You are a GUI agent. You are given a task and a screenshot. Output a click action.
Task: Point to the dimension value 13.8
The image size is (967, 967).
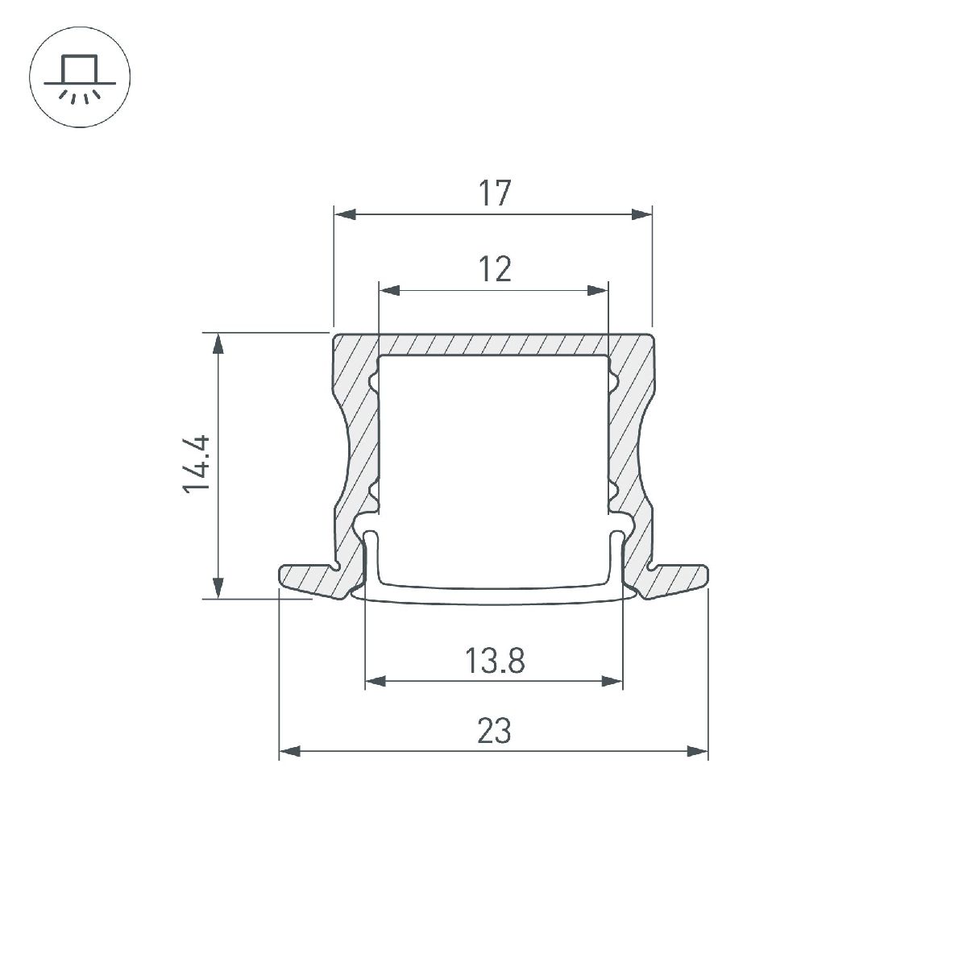[x=494, y=662]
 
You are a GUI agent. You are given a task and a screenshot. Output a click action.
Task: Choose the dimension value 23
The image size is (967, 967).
[x=494, y=732]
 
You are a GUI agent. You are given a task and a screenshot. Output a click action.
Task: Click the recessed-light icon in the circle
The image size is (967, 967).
[x=80, y=78]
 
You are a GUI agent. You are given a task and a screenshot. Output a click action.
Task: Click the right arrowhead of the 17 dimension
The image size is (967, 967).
[x=641, y=214]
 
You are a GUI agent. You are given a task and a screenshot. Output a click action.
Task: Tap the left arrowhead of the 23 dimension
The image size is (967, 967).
[x=289, y=752]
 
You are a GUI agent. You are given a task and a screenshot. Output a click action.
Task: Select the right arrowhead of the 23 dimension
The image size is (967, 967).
[x=698, y=752]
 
